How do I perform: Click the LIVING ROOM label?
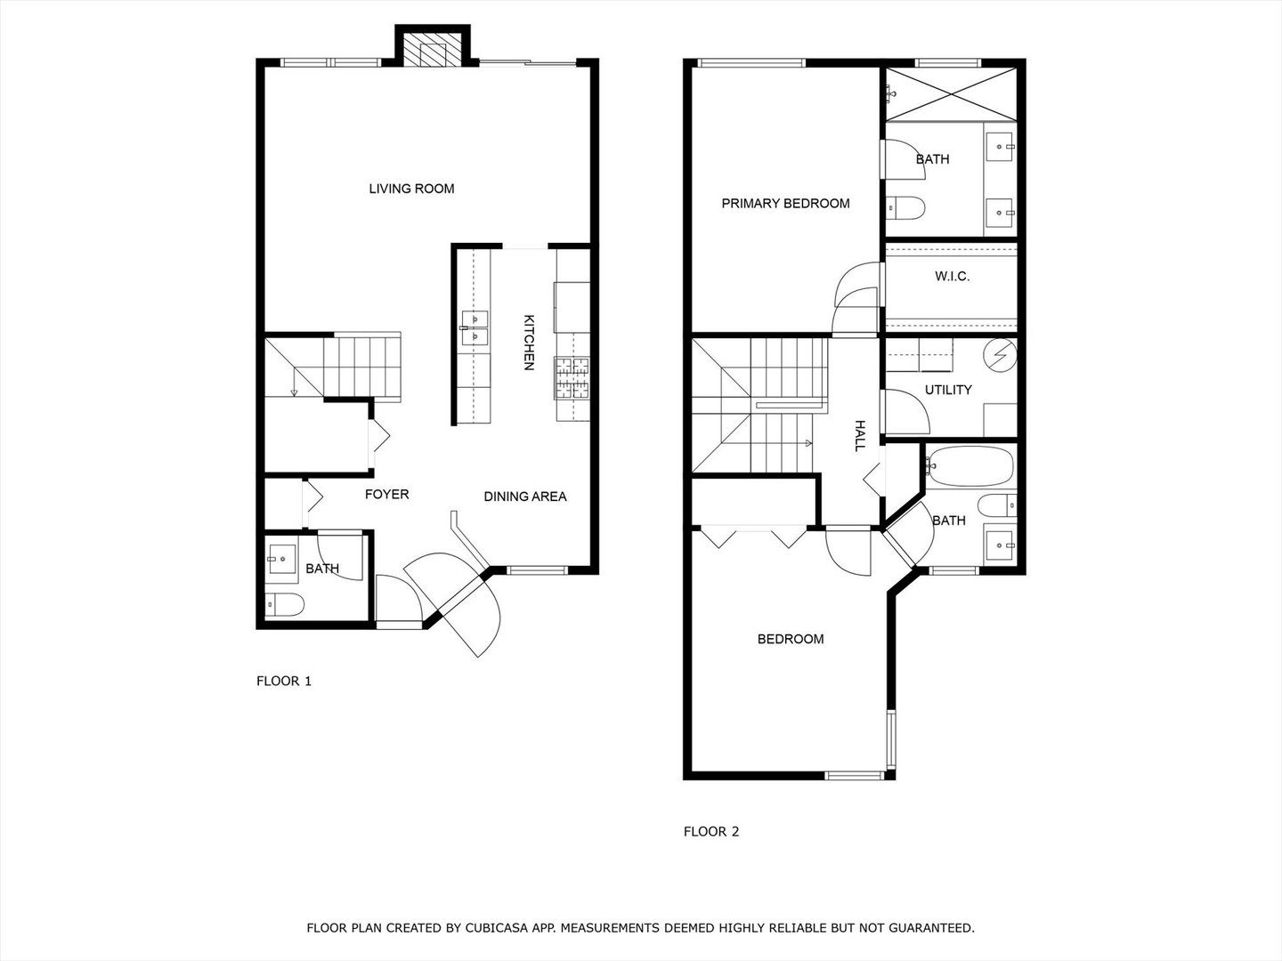[411, 189]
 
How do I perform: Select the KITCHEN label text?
[528, 343]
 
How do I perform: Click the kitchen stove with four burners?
[572, 378]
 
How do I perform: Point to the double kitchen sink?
[474, 327]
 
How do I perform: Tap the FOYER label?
[386, 494]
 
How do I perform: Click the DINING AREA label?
[524, 497]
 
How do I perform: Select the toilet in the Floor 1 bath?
[286, 605]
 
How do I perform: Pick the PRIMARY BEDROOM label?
[785, 204]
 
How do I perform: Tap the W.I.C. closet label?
[952, 277]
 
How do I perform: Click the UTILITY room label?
[947, 390]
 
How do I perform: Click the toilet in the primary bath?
[905, 208]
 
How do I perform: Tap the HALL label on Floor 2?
[860, 435]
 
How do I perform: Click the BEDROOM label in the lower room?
[790, 639]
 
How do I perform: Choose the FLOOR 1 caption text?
[284, 682]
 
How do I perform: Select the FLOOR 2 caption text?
[711, 832]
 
